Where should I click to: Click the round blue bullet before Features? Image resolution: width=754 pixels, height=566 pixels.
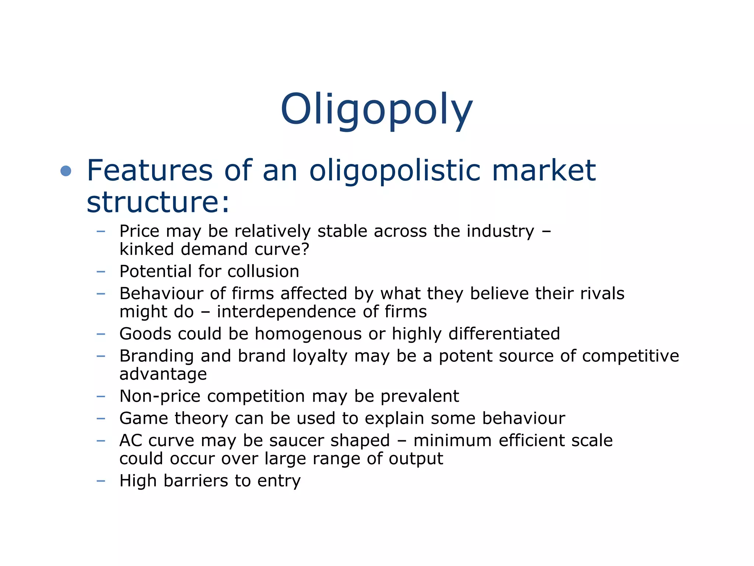click(x=66, y=171)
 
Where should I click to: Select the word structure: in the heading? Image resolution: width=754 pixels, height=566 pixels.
click(x=158, y=202)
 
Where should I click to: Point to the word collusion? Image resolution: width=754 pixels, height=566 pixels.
click(x=263, y=272)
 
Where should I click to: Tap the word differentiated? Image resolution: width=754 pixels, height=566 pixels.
click(x=504, y=334)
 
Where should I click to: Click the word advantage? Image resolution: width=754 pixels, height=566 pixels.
click(x=163, y=374)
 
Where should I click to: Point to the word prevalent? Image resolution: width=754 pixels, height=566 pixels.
click(x=420, y=396)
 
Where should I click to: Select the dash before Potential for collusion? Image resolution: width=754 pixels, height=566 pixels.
click(x=101, y=272)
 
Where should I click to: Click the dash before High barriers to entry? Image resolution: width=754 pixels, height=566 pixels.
click(x=101, y=481)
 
